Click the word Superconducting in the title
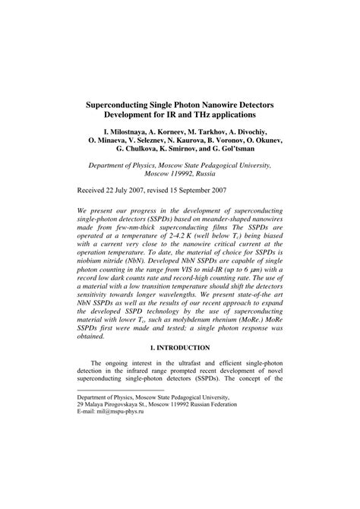tap(127, 100)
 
